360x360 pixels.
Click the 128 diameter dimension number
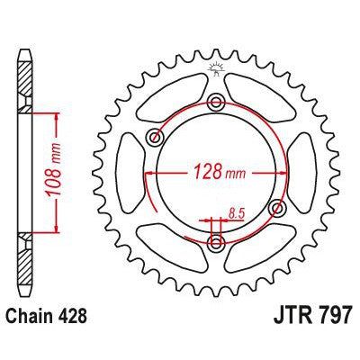coord(202,170)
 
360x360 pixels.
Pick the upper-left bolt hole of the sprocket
coord(155,137)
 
